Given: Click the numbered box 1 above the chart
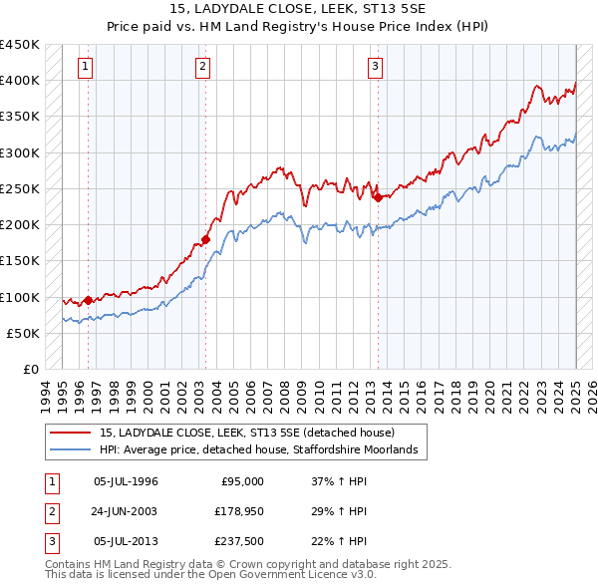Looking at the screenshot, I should tap(86, 67).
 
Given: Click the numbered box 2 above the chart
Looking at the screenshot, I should tap(202, 67).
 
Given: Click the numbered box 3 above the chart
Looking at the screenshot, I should tap(376, 67).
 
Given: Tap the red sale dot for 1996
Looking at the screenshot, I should tap(88, 299).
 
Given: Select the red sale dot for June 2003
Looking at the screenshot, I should tap(206, 239).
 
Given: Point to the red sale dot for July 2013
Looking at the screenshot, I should tap(378, 197).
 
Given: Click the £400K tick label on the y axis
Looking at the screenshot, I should tap(20, 80).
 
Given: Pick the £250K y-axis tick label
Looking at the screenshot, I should tap(20, 188).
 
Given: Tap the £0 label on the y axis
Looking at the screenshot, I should tap(30, 370).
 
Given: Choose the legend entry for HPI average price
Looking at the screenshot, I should tap(264, 450).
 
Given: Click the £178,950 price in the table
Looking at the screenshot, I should tap(236, 511).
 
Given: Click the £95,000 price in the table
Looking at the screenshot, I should tap(241, 481).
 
